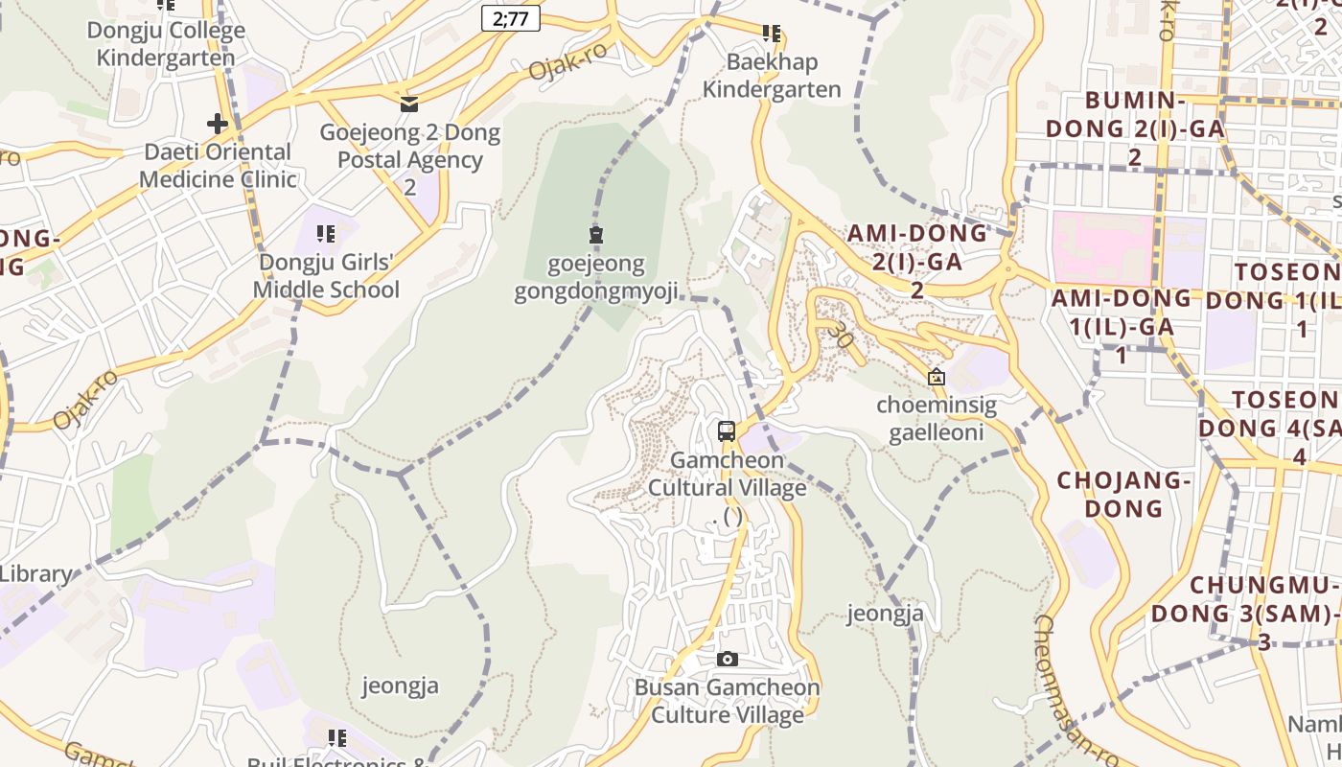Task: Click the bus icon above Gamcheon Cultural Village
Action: point(727,431)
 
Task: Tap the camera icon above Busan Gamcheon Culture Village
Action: point(728,659)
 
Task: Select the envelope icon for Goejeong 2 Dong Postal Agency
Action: point(409,104)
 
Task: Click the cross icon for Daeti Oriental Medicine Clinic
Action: point(218,124)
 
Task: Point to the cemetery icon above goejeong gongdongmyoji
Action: point(596,235)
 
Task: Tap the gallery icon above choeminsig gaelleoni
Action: point(937,378)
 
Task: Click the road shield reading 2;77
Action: point(511,18)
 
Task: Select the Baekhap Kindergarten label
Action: point(772,76)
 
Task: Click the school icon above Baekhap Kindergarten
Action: point(772,35)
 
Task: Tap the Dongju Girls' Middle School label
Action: point(326,275)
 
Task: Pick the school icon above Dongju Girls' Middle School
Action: point(326,234)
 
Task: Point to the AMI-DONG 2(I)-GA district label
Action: point(916,260)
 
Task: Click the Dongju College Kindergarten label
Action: point(166,44)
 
